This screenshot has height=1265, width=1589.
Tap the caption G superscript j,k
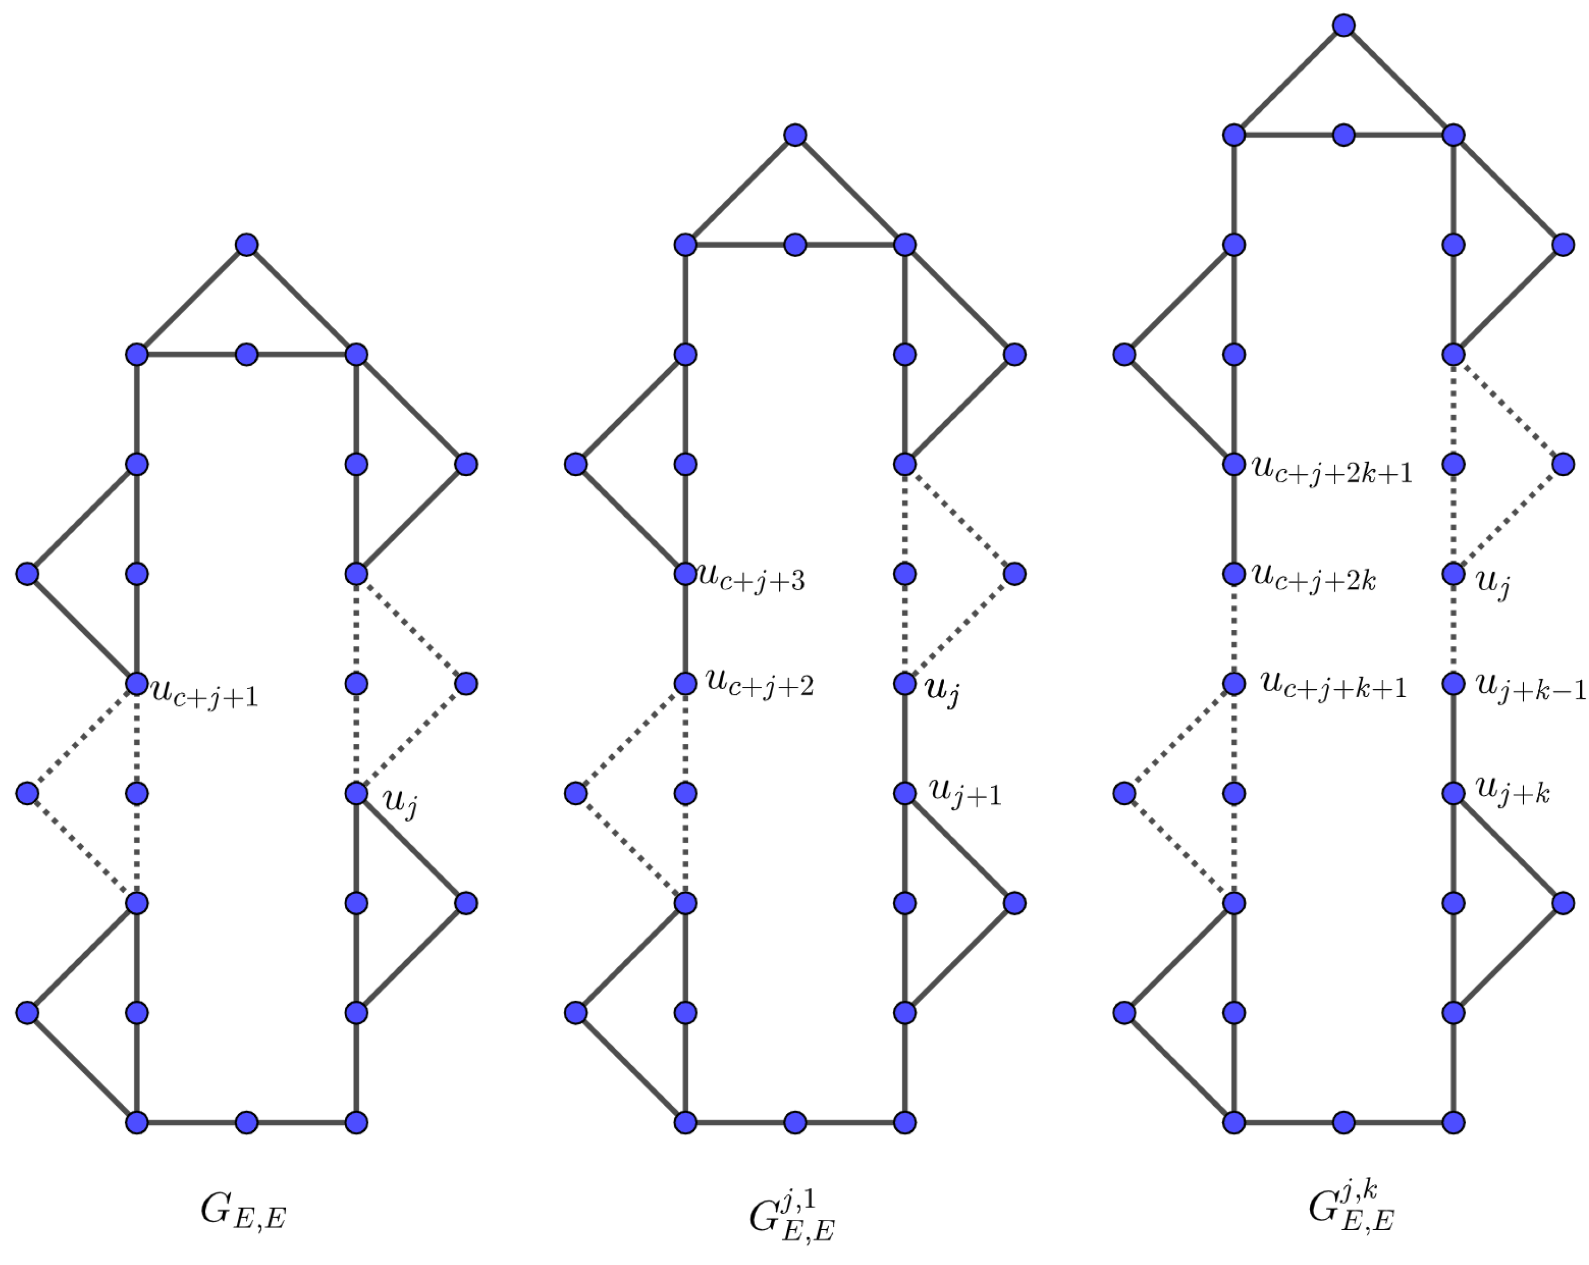(x=1351, y=1210)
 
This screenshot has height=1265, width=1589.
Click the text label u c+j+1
(x=205, y=693)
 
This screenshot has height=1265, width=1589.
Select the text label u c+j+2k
(x=1314, y=579)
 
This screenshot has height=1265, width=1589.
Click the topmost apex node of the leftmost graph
(x=247, y=245)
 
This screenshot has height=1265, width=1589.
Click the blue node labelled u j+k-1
(x=1453, y=684)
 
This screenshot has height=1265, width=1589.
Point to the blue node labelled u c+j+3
(x=686, y=573)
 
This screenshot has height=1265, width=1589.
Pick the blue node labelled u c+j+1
(x=137, y=684)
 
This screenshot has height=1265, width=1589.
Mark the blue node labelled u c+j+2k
(x=1234, y=573)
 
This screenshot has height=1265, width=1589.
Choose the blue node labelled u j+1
(x=905, y=793)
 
